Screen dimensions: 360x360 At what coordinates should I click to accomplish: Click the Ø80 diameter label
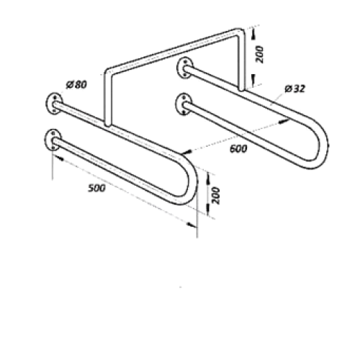click(76, 85)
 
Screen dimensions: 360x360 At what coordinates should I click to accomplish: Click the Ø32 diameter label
click(295, 89)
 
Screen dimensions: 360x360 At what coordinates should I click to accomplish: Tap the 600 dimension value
click(238, 149)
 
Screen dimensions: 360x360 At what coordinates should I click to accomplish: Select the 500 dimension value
click(96, 188)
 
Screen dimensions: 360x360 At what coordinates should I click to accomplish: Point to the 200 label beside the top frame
click(259, 55)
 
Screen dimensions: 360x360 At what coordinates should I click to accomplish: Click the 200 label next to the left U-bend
click(216, 196)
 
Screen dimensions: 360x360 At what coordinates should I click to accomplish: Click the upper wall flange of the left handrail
click(53, 104)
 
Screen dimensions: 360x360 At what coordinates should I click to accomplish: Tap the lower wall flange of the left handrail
click(53, 140)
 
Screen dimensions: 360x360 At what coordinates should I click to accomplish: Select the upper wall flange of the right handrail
click(184, 68)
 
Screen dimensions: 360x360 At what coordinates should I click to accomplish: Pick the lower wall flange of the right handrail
click(184, 104)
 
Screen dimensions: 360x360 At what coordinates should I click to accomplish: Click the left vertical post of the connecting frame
click(107, 99)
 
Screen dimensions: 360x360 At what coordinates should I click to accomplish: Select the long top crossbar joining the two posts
click(173, 51)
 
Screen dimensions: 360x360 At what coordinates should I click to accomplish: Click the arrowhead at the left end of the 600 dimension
click(186, 152)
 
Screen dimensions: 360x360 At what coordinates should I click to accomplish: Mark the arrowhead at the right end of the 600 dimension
click(284, 121)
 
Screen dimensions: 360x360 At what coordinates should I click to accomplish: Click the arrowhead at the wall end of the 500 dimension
click(58, 158)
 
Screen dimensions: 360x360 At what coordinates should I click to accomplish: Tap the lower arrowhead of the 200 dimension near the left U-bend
click(208, 210)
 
